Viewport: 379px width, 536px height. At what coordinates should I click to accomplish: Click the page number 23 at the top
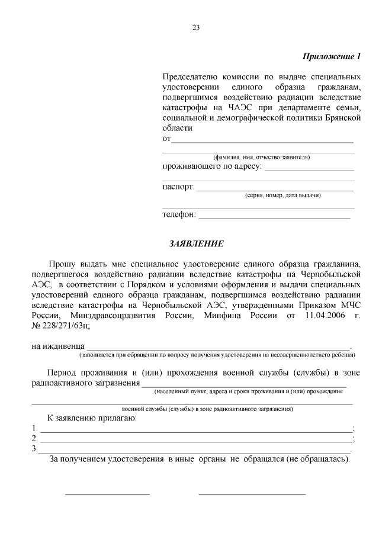tap(196, 27)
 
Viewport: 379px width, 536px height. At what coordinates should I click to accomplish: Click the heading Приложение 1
tap(331, 57)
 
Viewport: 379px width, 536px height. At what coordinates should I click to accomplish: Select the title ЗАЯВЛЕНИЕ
tap(196, 243)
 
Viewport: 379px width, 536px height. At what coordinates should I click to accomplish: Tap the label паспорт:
tap(178, 187)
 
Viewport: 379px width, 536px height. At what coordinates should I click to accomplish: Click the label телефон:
tap(179, 214)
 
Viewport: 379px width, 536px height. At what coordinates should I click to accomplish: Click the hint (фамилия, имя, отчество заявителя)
tap(261, 157)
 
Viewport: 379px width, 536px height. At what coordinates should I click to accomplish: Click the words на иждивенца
tap(58, 346)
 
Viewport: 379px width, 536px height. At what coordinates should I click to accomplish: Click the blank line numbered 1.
tap(195, 431)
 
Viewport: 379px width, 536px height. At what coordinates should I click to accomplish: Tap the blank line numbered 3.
tap(195, 451)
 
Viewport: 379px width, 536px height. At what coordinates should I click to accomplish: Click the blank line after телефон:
tap(275, 217)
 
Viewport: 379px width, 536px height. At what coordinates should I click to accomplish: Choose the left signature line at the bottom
tap(107, 493)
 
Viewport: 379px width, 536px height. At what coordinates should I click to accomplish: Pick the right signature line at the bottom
tap(252, 493)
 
